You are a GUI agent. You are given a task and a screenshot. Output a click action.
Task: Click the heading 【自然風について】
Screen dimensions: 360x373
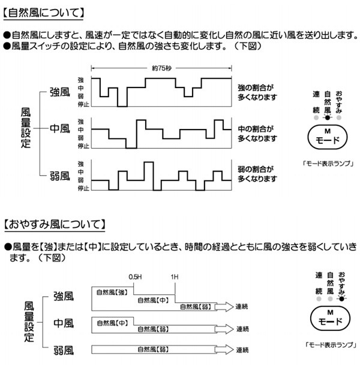44,13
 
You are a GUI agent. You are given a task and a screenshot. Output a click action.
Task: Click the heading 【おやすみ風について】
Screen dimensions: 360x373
55,224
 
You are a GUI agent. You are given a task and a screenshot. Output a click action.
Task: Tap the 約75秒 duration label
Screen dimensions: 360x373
161,68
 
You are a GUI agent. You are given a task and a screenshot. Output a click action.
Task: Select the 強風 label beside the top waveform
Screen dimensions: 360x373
60,92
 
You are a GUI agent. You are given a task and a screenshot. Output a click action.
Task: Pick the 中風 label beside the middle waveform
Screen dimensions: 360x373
60,129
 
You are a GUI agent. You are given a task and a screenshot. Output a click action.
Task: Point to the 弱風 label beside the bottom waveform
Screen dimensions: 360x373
60,176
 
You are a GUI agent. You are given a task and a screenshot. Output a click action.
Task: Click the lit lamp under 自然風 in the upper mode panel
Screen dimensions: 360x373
328,118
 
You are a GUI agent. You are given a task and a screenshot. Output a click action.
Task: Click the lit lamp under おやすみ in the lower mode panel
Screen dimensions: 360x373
341,299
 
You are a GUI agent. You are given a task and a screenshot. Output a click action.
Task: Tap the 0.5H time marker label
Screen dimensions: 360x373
135,277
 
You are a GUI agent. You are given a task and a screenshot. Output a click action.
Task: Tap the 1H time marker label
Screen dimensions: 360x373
175,277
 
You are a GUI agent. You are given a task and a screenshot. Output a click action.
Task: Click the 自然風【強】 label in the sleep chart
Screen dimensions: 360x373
112,292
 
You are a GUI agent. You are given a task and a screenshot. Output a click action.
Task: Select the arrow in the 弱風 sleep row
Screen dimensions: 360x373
224,350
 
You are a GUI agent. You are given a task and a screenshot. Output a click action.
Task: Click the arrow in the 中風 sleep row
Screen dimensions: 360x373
224,329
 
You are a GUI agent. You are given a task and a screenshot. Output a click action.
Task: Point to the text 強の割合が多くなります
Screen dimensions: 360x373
257,92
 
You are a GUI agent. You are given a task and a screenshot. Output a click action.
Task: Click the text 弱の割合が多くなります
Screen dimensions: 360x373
257,174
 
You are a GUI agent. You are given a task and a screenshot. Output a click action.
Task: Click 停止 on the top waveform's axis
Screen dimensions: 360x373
83,104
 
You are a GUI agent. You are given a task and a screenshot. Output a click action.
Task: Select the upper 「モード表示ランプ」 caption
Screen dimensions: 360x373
328,164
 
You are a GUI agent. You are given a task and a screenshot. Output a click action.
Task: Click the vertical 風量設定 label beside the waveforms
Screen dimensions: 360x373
26,128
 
